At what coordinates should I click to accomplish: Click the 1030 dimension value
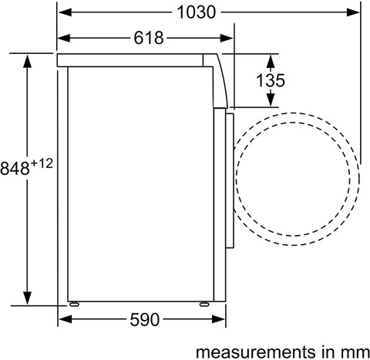coord(197,12)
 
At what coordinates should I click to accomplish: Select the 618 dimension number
coord(149,38)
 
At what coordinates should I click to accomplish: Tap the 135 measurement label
coord(271,80)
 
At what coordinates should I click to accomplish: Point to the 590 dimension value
coord(145,320)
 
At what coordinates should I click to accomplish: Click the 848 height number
coord(15,169)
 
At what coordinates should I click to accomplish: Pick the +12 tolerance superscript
coord(42,163)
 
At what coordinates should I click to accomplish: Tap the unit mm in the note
coord(356,353)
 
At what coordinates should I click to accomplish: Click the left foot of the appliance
coord(74,304)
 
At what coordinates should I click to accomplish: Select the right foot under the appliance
coord(204,304)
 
